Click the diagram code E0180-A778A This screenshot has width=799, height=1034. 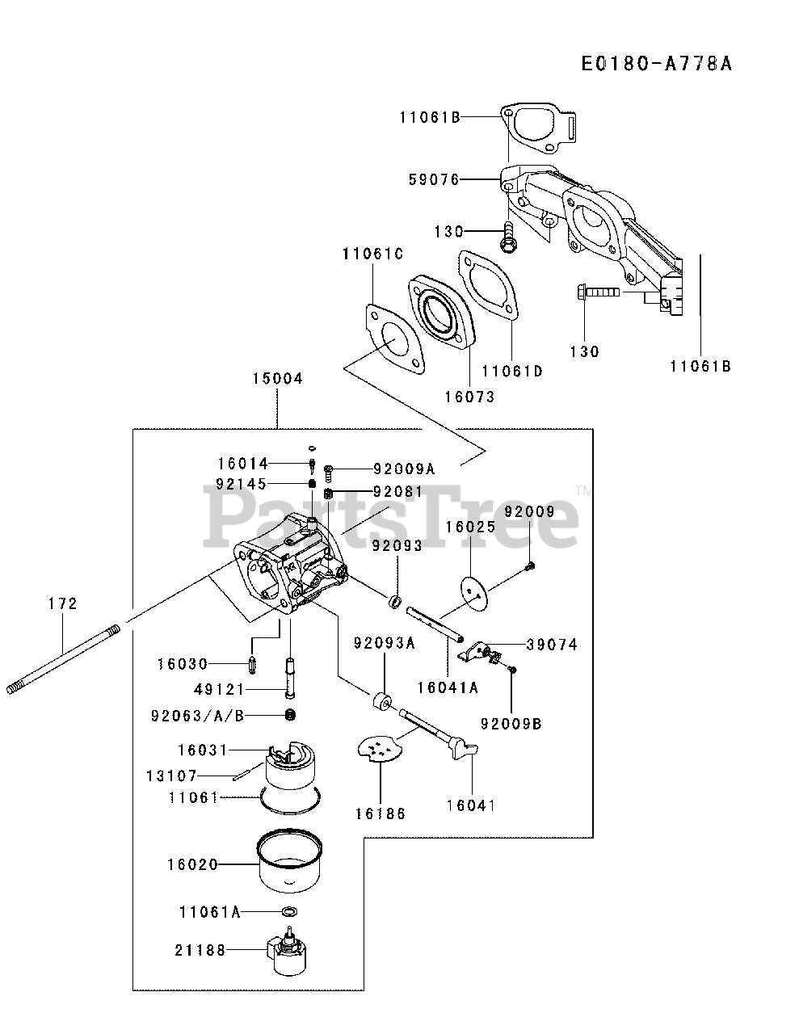(656, 63)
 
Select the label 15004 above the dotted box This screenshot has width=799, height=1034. (276, 378)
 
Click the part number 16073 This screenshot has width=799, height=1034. (469, 397)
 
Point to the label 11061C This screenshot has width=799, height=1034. (372, 254)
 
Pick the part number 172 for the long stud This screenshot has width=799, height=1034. (62, 603)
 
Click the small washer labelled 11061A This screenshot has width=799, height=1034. (288, 912)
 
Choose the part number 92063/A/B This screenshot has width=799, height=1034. (197, 715)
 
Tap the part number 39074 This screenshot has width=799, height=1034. (552, 645)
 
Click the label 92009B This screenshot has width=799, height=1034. (511, 723)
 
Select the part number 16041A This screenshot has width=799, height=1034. (448, 687)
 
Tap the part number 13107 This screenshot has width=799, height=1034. (171, 775)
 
